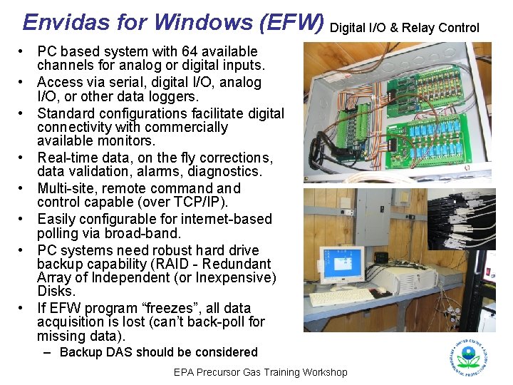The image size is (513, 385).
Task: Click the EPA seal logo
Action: click(x=469, y=356)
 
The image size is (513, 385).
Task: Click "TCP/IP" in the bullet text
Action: click(x=186, y=202)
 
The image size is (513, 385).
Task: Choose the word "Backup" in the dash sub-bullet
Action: click(x=80, y=352)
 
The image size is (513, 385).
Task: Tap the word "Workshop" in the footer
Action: click(x=325, y=372)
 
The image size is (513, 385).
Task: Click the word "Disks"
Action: click(x=56, y=291)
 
